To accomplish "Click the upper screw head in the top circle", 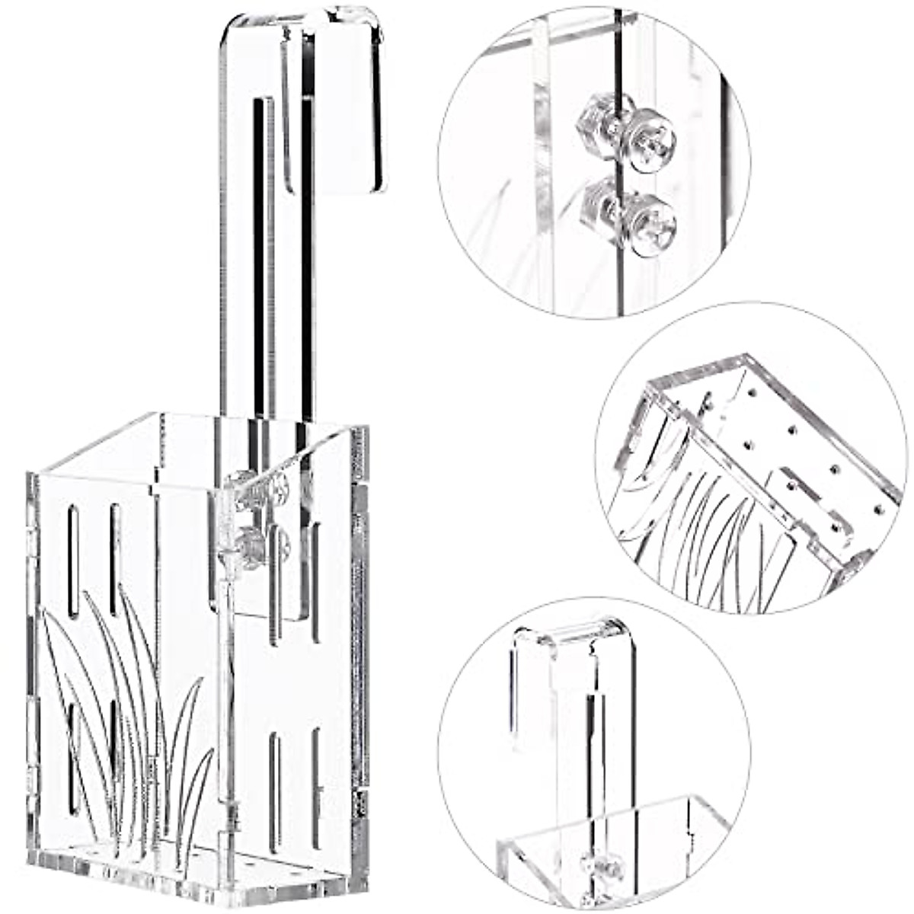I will coord(654,138).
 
